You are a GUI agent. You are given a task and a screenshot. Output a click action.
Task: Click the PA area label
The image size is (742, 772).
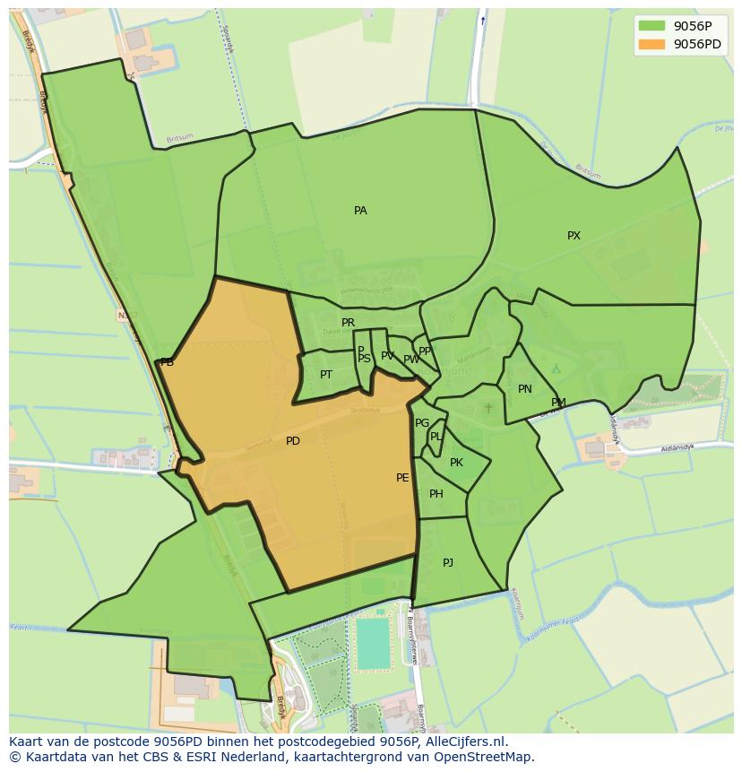pyautogui.click(x=360, y=211)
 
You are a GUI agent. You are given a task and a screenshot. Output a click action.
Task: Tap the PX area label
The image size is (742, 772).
pyautogui.click(x=574, y=236)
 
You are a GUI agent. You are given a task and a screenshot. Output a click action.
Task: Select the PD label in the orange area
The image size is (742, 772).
pyautogui.click(x=293, y=441)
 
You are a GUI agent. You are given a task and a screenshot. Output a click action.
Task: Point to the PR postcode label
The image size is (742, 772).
pyautogui.click(x=348, y=323)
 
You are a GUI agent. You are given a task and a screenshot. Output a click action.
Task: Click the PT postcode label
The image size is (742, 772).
pyautogui.click(x=326, y=375)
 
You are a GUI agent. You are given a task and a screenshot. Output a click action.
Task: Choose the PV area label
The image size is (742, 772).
pyautogui.click(x=387, y=356)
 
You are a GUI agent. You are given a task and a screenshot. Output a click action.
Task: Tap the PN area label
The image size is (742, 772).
pyautogui.click(x=525, y=389)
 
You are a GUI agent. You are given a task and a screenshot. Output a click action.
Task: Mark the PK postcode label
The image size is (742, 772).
pyautogui.click(x=456, y=463)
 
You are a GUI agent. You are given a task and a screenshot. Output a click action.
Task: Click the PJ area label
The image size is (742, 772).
pyautogui.click(x=448, y=563)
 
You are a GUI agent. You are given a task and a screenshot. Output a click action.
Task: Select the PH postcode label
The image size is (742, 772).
pyautogui.click(x=436, y=494)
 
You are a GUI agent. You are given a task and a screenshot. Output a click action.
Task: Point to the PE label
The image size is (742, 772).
pyautogui.click(x=402, y=478)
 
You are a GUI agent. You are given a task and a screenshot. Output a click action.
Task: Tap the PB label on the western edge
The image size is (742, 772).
pyautogui.click(x=167, y=362)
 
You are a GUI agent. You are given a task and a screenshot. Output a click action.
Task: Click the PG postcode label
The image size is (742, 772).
pyautogui.click(x=422, y=423)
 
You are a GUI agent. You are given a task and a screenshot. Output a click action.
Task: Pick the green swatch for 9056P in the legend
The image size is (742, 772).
pyautogui.click(x=652, y=26)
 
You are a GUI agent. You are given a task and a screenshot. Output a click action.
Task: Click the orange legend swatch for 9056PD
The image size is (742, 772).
pyautogui.click(x=652, y=44)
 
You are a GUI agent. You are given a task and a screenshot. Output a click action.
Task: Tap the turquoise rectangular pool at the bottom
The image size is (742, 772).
pyautogui.click(x=374, y=643)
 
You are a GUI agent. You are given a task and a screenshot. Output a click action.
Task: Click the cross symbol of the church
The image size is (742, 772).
pyautogui.click(x=488, y=408)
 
